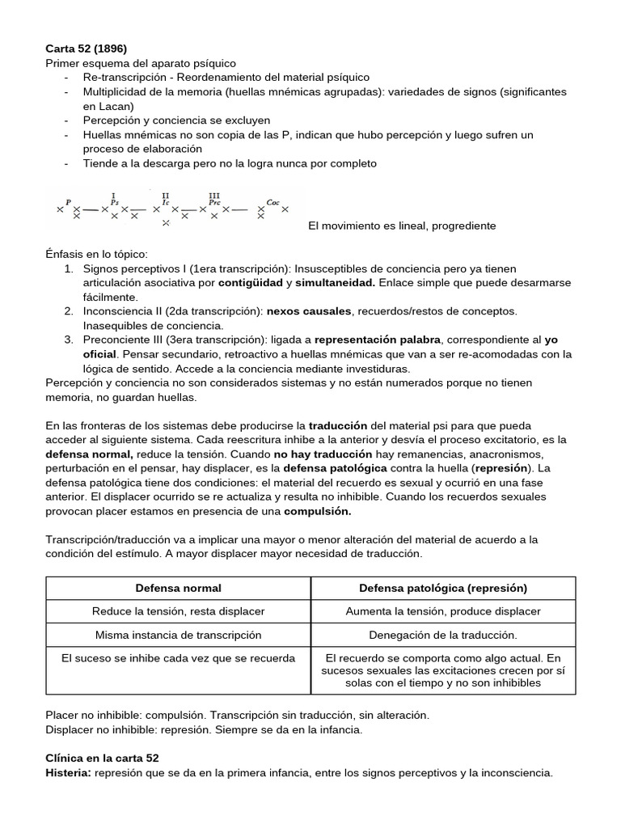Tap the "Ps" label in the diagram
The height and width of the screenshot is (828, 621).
tap(114, 202)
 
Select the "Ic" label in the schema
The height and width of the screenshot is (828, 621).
tap(165, 202)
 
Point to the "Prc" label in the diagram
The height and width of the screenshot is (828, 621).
tap(214, 202)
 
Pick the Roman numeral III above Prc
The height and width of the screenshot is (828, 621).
tap(214, 195)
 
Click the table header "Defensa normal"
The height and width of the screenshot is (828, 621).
tap(178, 588)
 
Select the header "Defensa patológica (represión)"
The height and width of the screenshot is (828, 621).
tap(443, 588)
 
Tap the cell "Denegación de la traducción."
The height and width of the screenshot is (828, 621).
tap(443, 635)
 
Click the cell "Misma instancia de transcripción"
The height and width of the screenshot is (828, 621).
tap(178, 635)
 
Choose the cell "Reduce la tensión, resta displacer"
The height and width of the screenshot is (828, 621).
tap(178, 611)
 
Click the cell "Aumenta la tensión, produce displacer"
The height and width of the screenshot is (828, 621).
tap(443, 611)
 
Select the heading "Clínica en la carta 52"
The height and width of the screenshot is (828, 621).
tap(102, 758)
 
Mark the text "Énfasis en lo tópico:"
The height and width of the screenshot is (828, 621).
tap(97, 254)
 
